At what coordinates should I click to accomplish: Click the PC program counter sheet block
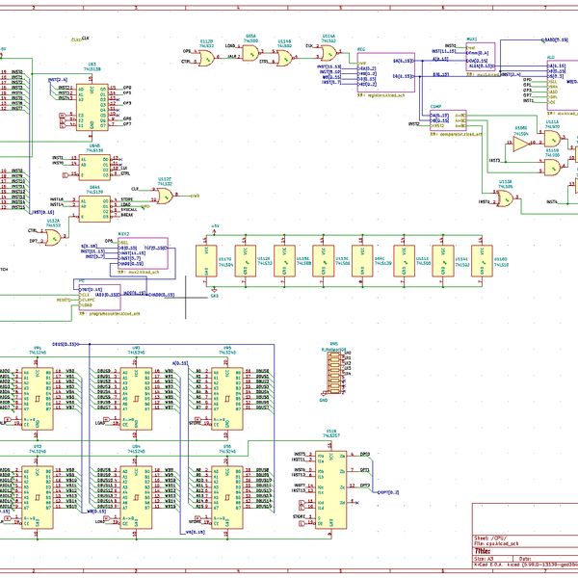tap(107, 297)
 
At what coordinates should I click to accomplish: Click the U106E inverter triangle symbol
tap(521, 144)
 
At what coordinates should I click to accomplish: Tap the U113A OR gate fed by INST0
tap(504, 198)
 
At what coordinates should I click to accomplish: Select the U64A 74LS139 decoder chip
tap(93, 210)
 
